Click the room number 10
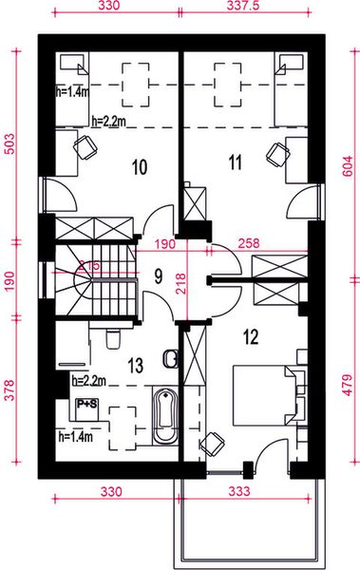pos(139,168)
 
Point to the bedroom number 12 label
pos(251,335)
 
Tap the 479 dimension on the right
pos(350,381)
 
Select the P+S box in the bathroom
pos(86,403)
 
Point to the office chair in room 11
pos(277,153)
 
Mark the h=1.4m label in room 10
pos(73,91)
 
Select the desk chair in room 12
pos(214,443)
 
